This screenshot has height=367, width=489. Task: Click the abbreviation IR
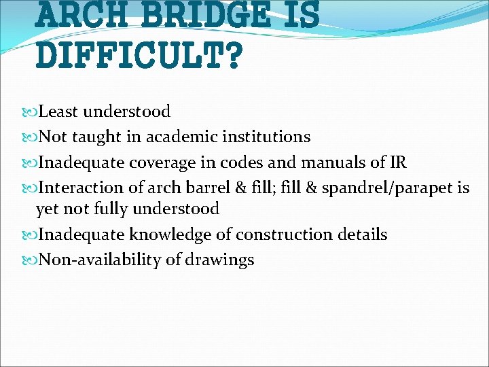tap(397, 162)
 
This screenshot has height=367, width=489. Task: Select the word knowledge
tap(171, 234)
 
